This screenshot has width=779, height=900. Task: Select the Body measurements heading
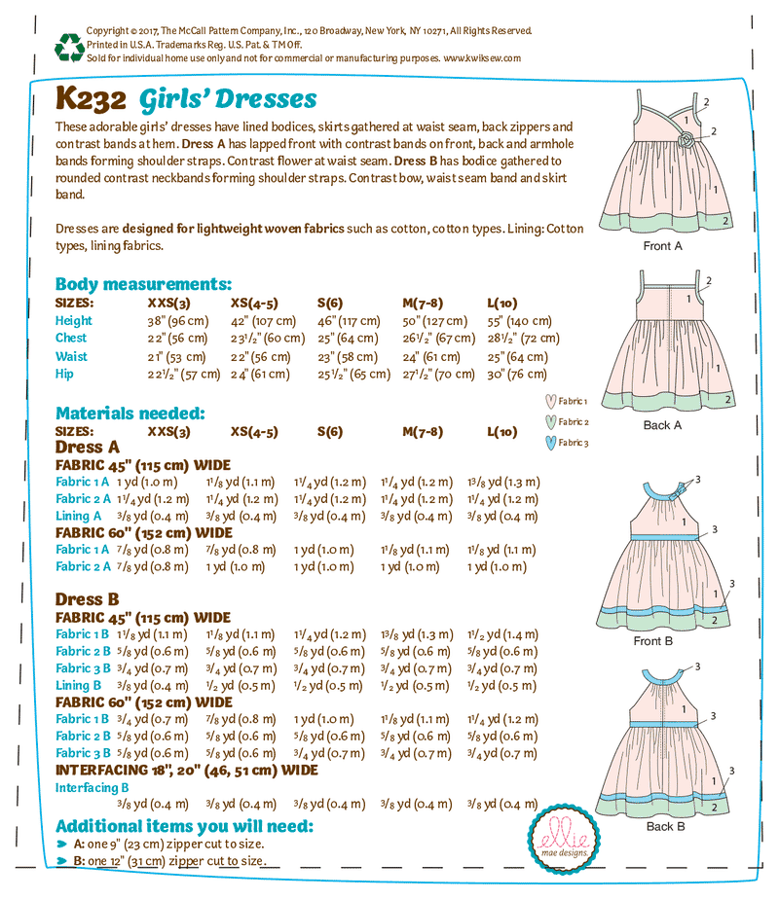click(143, 284)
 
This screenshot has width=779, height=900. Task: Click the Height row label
click(74, 320)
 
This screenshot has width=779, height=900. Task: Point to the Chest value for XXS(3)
click(177, 339)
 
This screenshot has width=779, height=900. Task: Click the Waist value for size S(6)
click(347, 356)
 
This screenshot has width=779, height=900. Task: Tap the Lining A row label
click(79, 516)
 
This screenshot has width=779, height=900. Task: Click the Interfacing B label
click(93, 787)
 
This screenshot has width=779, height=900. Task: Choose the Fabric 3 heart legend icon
click(551, 443)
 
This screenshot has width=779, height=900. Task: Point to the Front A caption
click(663, 246)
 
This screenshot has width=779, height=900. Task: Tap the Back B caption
click(666, 826)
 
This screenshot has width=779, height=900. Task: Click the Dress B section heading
click(87, 599)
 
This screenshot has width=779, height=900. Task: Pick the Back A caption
click(663, 424)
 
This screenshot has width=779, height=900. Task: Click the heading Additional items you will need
click(184, 826)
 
